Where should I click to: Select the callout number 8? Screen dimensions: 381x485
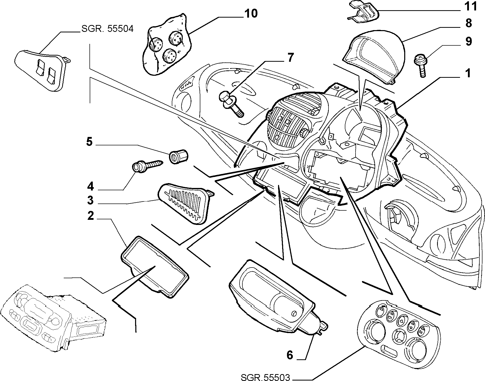click(468, 23)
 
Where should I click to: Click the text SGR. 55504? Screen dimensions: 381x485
click(107, 29)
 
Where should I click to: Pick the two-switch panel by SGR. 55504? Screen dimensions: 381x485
click(42, 69)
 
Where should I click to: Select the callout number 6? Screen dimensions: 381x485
click(290, 355)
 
